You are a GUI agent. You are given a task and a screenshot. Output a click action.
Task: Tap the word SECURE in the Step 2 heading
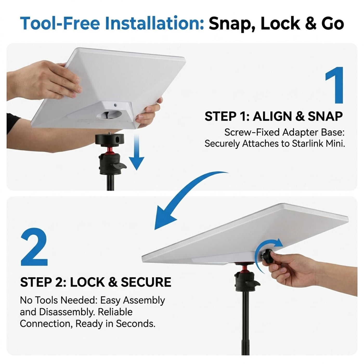(146, 282)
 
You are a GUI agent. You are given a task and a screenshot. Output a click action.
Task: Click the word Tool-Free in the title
(60, 23)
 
